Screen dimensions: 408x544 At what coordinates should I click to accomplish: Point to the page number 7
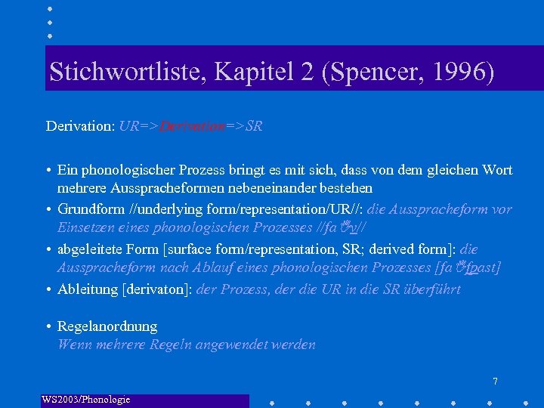click(495, 382)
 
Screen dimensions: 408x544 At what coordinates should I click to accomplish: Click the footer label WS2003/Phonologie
click(86, 399)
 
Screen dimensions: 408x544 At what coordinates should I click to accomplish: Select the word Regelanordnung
click(107, 326)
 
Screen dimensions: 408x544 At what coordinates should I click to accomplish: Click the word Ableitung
click(88, 289)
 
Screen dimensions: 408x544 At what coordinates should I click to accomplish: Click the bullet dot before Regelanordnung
click(48, 326)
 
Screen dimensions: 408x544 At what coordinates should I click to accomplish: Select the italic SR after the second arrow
click(255, 126)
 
